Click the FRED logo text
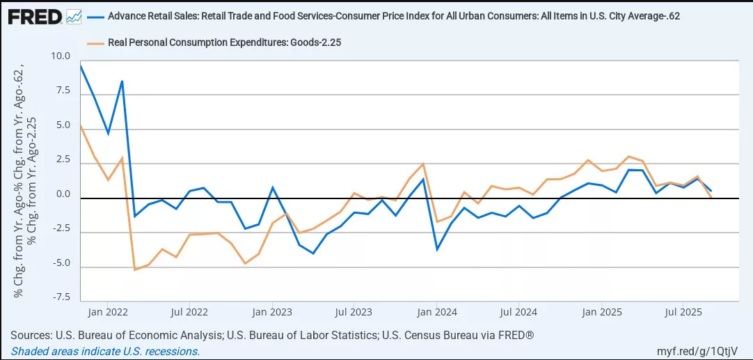34,15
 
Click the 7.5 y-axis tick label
63,91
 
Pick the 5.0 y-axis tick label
63,126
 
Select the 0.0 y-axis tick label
63,194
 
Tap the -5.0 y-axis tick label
61,263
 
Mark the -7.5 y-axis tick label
61,297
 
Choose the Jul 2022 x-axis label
189,311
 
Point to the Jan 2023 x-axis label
271,311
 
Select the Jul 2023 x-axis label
354,311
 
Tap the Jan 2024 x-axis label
436,311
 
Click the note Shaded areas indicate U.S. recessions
105,352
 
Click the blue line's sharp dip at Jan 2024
437,249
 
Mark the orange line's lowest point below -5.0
134,269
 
